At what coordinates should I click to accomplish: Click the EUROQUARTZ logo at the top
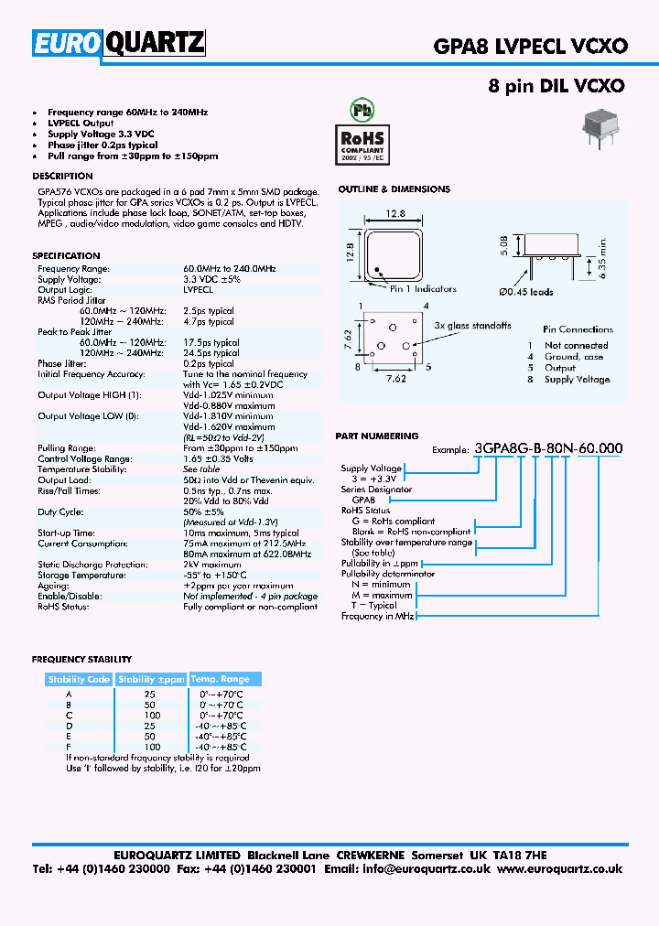coord(119,43)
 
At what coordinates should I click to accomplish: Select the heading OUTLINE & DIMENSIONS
coord(394,189)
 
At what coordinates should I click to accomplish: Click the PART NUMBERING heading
coord(378,436)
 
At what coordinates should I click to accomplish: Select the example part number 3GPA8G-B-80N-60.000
coord(549,448)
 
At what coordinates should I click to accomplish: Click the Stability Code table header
coord(79,679)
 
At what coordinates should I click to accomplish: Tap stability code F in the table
coord(69,748)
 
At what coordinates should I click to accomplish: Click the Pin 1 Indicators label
coord(423,289)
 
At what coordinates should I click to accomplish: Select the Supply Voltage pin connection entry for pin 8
coord(577,380)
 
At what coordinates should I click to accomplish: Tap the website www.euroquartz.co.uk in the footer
coord(559,868)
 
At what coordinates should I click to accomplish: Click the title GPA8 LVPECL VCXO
coord(535,45)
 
